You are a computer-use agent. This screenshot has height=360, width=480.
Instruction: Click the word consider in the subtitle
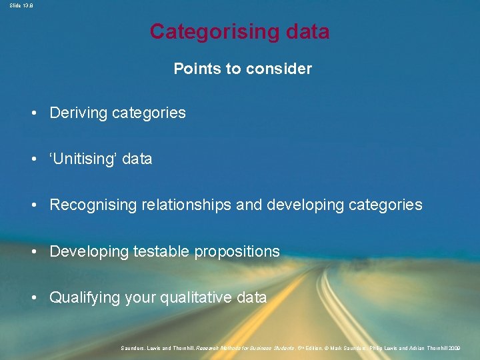(284, 69)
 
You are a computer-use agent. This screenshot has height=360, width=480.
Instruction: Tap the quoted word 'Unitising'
(84, 159)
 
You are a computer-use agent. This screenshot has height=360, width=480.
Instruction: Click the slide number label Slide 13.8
(18, 5)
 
